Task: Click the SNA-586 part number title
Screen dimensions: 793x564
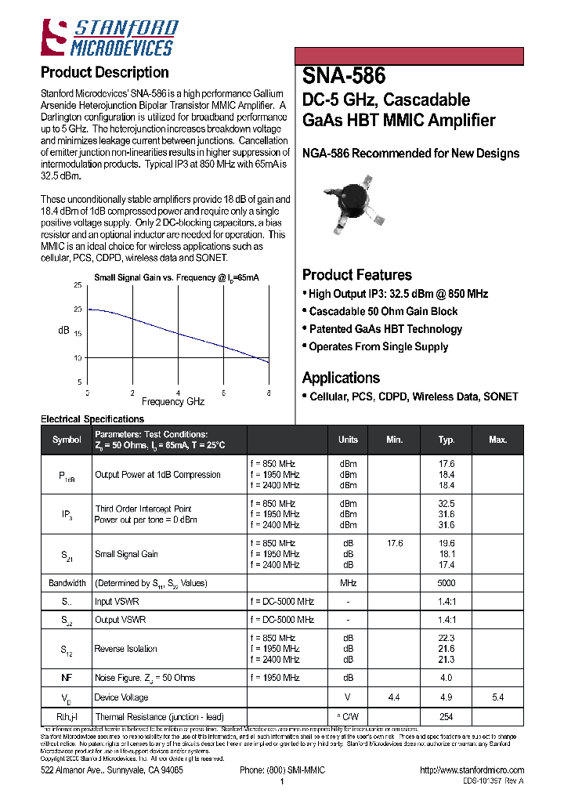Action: [343, 76]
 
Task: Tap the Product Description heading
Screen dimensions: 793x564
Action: [104, 73]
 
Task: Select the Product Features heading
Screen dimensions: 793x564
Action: [356, 275]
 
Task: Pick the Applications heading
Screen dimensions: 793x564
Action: [341, 378]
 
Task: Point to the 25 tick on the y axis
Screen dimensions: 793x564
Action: [77, 285]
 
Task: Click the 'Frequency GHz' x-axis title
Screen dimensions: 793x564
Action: [173, 401]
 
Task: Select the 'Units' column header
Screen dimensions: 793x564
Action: [348, 440]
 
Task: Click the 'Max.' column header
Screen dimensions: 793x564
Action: [497, 440]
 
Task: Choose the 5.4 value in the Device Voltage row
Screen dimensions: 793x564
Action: [497, 697]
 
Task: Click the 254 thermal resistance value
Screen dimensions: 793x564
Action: [446, 717]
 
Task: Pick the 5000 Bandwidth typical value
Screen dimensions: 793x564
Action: [446, 583]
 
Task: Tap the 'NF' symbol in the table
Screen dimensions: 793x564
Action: [67, 678]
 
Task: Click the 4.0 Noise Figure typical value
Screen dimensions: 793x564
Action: [446, 678]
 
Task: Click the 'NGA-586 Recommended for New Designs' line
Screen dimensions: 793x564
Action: [410, 154]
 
